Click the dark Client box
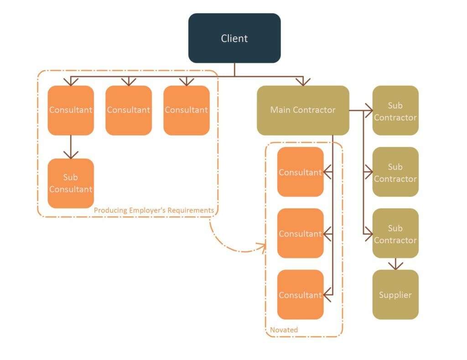tap(234, 38)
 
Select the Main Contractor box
tap(303, 110)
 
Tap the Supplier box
tap(395, 295)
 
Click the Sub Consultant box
tap(71, 183)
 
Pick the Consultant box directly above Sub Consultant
tap(71, 110)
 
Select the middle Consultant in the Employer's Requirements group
tap(129, 110)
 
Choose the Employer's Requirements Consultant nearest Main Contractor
tap(187, 110)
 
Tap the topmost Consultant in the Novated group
tap(300, 172)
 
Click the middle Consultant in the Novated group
tap(300, 234)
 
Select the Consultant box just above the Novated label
tap(300, 295)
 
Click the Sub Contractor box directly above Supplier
tap(395, 234)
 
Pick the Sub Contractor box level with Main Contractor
tap(395, 111)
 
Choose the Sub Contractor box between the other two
tap(395, 172)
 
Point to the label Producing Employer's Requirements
tap(154, 210)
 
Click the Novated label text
tap(284, 329)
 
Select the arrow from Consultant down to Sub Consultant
tap(71, 147)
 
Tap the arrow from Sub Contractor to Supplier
tap(395, 264)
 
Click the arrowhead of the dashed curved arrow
tap(262, 247)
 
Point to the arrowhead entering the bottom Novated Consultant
tap(327, 295)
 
